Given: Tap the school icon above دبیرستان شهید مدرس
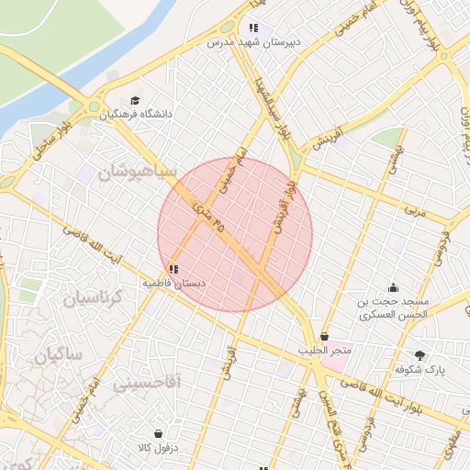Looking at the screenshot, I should click(253, 28).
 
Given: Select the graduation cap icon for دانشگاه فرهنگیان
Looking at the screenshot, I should click(136, 100).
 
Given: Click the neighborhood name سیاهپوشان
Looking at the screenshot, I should click(136, 171).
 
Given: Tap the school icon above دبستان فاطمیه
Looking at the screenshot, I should click(173, 269).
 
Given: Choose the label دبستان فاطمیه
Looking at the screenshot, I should click(173, 284).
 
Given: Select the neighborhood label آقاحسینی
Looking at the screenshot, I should click(147, 382).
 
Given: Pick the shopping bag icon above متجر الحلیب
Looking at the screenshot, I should click(324, 337).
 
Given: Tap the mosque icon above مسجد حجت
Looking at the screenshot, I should click(394, 287).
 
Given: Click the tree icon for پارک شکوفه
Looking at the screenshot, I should click(420, 354).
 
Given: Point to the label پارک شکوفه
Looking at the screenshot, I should click(420, 369).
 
